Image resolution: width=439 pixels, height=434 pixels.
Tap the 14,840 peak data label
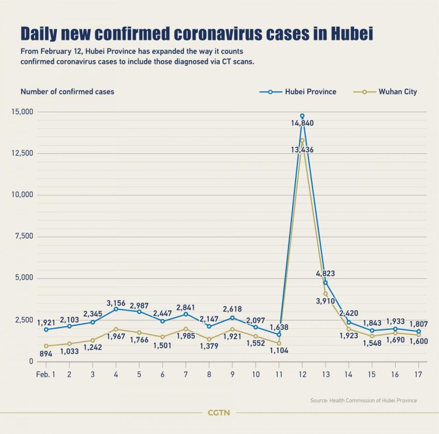pos(302,123)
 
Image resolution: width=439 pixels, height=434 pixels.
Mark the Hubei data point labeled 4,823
pos(325,283)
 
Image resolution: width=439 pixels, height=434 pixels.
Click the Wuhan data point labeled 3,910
pos(325,294)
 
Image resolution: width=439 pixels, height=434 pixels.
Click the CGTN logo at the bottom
pos(219,413)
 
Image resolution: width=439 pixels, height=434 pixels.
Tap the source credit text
pos(363,400)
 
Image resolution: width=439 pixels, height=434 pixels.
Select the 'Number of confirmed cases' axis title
pos(67,92)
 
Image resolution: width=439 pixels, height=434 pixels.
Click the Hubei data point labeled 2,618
pos(232,318)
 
